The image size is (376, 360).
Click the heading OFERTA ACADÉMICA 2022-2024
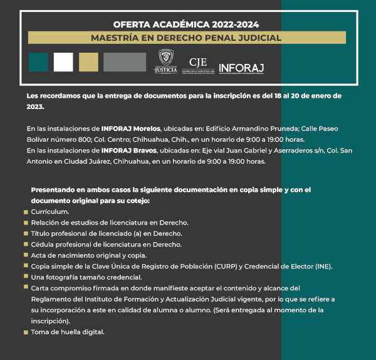pyautogui.click(x=186, y=24)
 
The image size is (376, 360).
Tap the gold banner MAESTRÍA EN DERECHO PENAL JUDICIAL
pyautogui.click(x=186, y=38)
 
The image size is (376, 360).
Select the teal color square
pyautogui.click(x=38, y=62)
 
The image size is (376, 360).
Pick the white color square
pyautogui.click(x=63, y=62)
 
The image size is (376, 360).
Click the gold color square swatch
pyautogui.click(x=88, y=62)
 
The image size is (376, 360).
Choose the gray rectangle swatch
pyautogui.click(x=125, y=62)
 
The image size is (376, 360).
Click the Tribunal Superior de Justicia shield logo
pyautogui.click(x=166, y=61)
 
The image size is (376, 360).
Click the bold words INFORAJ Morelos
pyautogui.click(x=130, y=129)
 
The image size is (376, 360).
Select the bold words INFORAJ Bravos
pyautogui.click(x=125, y=151)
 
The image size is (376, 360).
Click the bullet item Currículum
pyautogui.click(x=50, y=211)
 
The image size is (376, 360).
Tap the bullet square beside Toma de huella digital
pyautogui.click(x=26, y=332)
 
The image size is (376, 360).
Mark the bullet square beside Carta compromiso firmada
pyautogui.click(x=26, y=288)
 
